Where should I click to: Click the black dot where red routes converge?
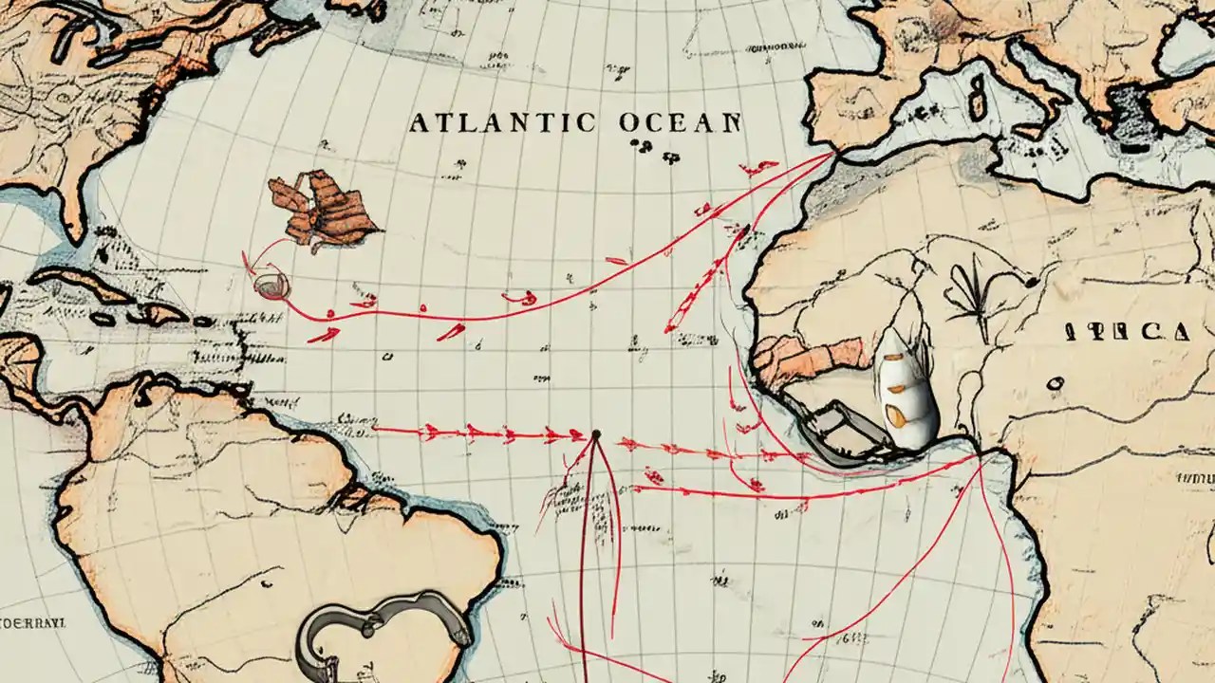point(596,434)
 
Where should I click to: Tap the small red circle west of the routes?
point(270,284)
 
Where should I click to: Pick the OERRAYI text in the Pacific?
point(32,623)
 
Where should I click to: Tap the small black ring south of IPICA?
point(1053,382)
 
